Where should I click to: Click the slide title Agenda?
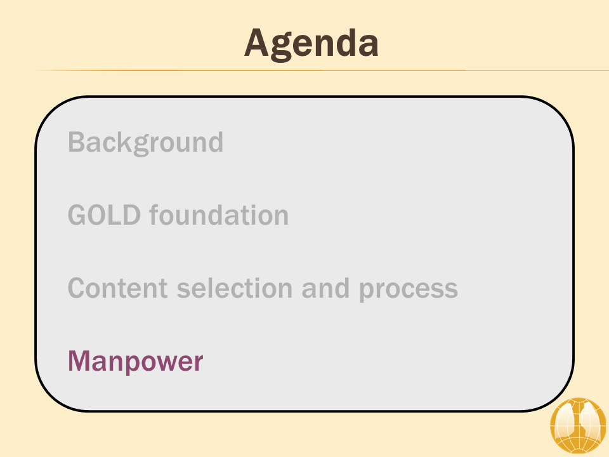coord(311,44)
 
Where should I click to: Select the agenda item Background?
coord(146,143)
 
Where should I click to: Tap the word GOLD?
coord(104,215)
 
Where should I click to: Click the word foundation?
coord(219,215)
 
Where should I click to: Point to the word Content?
coord(118,288)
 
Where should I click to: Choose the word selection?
coord(235,288)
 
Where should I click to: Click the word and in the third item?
coord(325,288)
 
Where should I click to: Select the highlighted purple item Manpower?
coord(136,362)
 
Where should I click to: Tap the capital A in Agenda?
coord(257,43)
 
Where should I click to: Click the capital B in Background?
coord(77,142)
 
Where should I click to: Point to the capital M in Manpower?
coord(80,361)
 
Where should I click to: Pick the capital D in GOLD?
coord(131,215)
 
